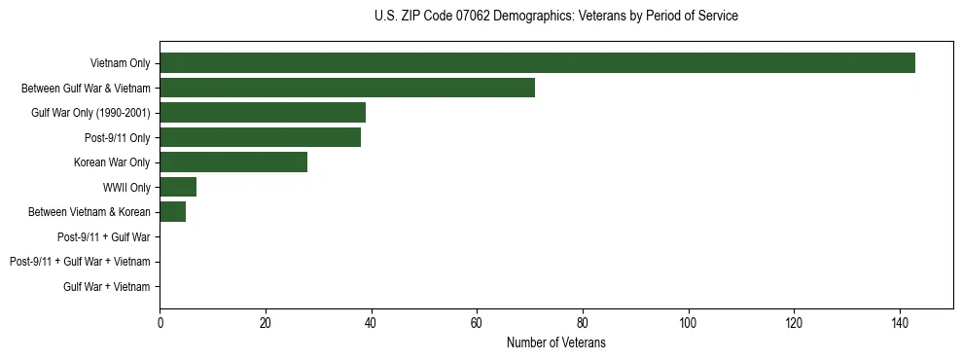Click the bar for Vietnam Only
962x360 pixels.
[x=537, y=63]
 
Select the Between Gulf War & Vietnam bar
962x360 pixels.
[x=347, y=88]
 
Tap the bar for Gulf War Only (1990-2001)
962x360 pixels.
[x=263, y=113]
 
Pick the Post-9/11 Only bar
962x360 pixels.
[x=260, y=137]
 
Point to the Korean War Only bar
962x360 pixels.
[x=233, y=162]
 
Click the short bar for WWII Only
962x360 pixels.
[x=178, y=187]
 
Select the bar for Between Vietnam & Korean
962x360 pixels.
[x=173, y=212]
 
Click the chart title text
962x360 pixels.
[x=555, y=17]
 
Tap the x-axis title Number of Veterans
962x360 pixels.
[x=555, y=342]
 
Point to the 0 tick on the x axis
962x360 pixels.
[x=160, y=322]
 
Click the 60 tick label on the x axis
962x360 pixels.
[x=477, y=322]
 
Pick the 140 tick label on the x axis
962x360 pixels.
[x=900, y=322]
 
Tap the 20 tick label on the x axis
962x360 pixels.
[x=266, y=322]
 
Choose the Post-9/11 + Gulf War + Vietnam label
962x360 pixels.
[x=80, y=262]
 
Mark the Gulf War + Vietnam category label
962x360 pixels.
[x=107, y=287]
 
